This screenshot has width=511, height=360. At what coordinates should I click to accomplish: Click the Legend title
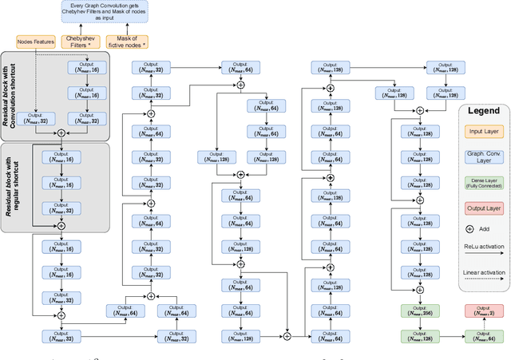pos(484,111)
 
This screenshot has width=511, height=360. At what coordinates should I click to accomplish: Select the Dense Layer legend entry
pos(484,184)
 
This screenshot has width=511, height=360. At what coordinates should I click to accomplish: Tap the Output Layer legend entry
pos(484,208)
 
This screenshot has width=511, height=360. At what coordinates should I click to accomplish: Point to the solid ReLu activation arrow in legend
pos(484,257)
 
